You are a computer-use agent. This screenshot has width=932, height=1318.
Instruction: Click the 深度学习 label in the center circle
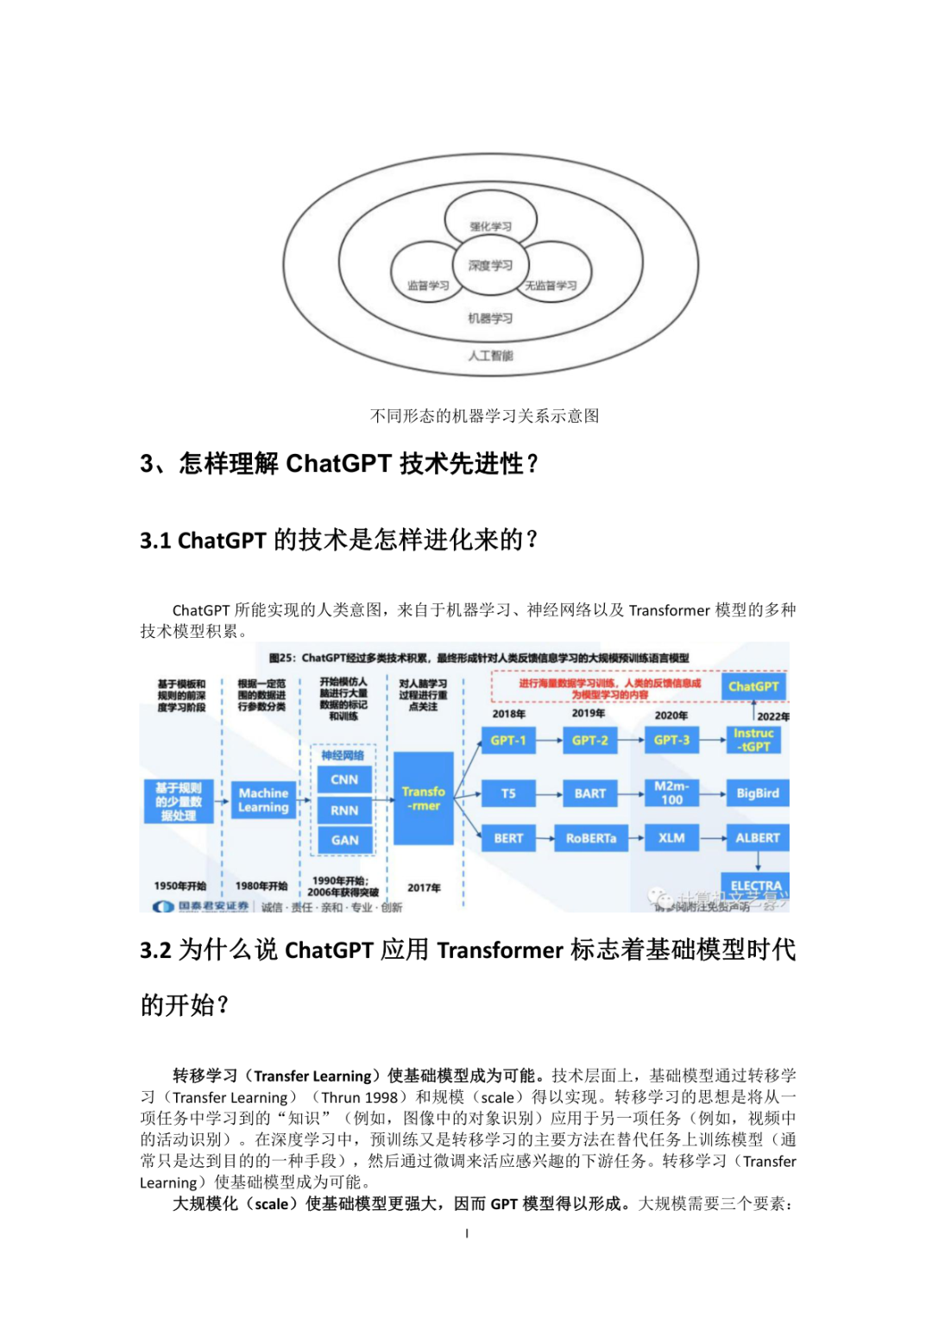[490, 265]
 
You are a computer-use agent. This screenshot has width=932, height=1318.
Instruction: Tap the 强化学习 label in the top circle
[490, 226]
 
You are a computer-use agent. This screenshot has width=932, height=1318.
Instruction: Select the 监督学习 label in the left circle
[428, 285]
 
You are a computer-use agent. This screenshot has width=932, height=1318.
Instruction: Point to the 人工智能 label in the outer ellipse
[490, 356]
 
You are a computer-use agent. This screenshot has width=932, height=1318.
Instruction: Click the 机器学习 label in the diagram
[490, 318]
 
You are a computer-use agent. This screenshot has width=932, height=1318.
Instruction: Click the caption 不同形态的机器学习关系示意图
[484, 416]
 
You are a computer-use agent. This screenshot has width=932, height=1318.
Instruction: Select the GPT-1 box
[507, 741]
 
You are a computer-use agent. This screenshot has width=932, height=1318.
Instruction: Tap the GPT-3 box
[671, 741]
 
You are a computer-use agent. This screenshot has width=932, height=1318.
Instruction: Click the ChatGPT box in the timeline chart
[753, 686]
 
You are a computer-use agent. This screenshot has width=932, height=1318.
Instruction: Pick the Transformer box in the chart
[424, 798]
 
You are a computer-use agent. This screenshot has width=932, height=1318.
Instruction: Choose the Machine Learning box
[263, 800]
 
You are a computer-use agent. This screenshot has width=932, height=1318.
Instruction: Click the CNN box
[344, 779]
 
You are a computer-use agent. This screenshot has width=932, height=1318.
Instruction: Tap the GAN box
[344, 840]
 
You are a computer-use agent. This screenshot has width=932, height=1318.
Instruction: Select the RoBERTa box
[590, 838]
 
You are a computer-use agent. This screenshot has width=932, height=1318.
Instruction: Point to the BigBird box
[757, 793]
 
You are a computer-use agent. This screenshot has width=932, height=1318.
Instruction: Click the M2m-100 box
[671, 793]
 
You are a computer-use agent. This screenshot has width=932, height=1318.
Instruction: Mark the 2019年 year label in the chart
[589, 713]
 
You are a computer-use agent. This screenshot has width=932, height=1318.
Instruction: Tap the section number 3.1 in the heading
[155, 541]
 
